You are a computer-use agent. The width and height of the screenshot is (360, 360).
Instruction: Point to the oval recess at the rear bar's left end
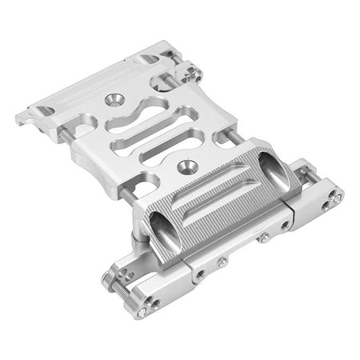coord(42,110)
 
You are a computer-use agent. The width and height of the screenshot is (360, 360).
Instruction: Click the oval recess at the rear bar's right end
coord(148,59)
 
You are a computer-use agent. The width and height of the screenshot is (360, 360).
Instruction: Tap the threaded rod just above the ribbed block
coord(237,137)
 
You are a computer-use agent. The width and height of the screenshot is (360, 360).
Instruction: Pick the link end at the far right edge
coord(335,196)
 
